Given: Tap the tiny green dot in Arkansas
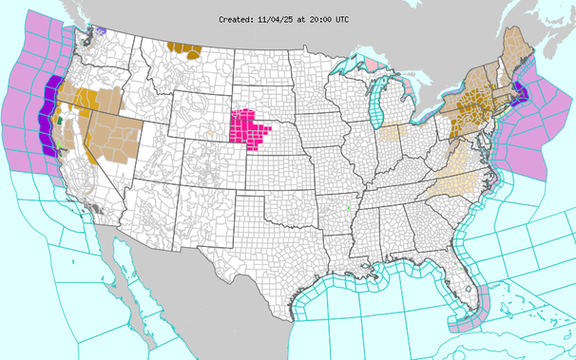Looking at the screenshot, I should (349, 208).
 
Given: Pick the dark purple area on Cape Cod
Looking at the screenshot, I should (521, 92).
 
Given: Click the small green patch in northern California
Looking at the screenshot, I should (60, 121).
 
